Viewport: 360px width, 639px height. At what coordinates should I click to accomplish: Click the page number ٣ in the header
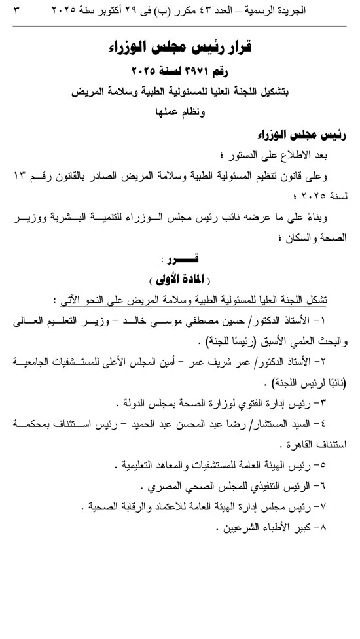click(x=16, y=11)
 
